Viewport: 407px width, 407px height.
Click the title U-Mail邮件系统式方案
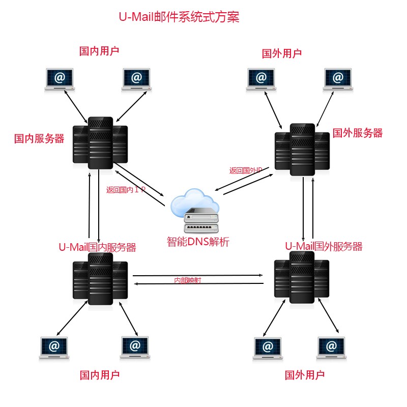(x=179, y=17)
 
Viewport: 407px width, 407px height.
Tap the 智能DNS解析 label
(x=198, y=242)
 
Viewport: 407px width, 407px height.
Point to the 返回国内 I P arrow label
(x=126, y=190)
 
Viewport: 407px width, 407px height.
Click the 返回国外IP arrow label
(x=245, y=170)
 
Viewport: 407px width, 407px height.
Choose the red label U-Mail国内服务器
(x=97, y=248)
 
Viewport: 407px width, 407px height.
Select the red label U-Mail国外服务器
(x=324, y=246)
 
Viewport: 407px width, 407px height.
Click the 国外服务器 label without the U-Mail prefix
(x=357, y=133)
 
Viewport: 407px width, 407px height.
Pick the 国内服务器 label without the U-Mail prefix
(x=39, y=138)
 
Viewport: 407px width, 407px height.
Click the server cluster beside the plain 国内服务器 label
(x=100, y=143)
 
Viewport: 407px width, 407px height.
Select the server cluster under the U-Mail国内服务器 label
(x=100, y=279)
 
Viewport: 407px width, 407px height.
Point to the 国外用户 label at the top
(x=282, y=53)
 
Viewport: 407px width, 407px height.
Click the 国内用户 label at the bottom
(x=100, y=375)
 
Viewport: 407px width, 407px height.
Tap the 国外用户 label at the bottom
(x=305, y=375)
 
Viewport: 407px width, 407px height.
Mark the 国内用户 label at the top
(x=100, y=51)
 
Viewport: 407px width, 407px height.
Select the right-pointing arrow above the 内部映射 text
(x=198, y=276)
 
